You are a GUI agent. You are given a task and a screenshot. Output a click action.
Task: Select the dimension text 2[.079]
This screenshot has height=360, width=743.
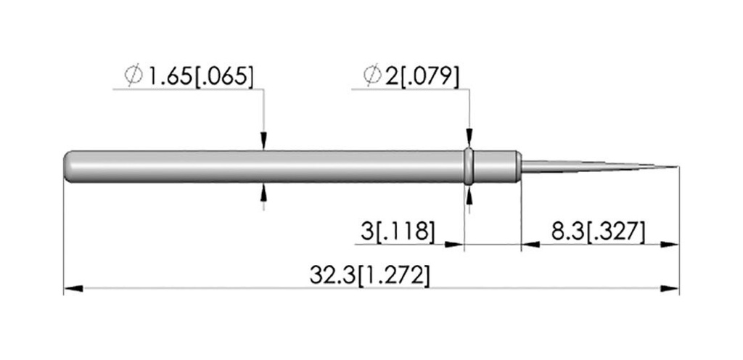point(422,75)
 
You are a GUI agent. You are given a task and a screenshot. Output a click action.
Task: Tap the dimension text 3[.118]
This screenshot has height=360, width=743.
point(397,232)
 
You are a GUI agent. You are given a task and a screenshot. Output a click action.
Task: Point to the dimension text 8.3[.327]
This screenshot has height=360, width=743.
point(598,232)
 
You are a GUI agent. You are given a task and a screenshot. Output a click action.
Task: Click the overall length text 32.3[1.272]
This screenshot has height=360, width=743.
point(369,276)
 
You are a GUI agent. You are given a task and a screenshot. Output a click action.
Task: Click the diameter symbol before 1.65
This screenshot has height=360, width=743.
point(134,75)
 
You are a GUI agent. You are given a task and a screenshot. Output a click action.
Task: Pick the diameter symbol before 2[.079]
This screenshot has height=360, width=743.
point(372,75)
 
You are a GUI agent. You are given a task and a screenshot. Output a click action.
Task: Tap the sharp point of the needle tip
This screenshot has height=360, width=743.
point(678,167)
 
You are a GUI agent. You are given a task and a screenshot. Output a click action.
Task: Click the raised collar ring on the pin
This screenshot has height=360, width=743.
point(469,166)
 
